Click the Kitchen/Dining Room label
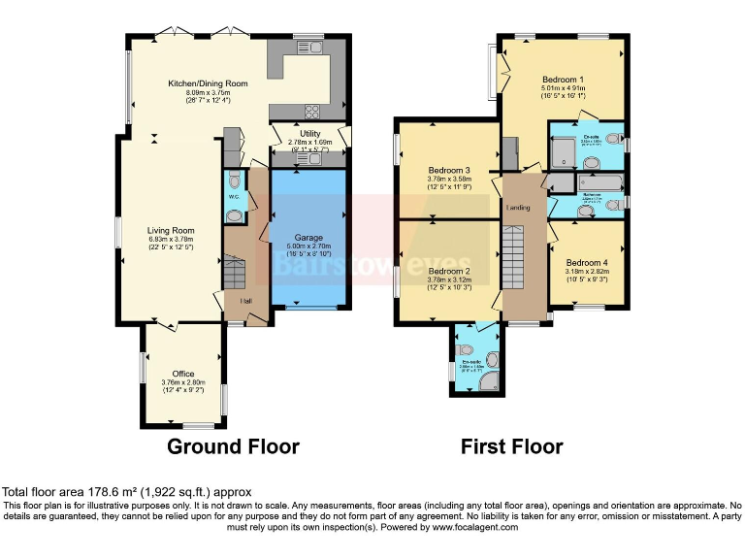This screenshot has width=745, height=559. point(208,84)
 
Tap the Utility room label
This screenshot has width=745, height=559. point(309,133)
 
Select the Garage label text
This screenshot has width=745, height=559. point(309,238)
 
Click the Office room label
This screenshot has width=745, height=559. point(183,374)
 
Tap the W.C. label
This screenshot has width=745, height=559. point(234,197)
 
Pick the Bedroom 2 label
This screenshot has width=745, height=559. point(449,271)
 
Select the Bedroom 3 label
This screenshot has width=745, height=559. point(449,170)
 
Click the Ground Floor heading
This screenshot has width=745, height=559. point(233,447)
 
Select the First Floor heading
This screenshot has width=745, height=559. point(511,447)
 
